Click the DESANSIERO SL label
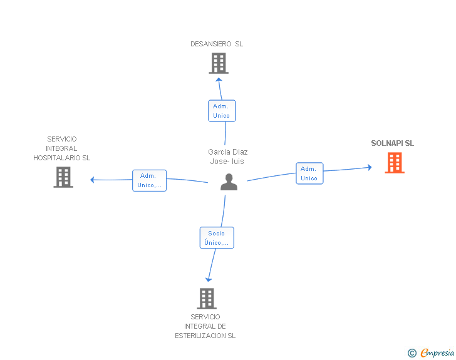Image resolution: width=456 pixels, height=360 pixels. point(217,44)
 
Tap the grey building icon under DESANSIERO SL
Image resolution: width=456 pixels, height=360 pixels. point(218,63)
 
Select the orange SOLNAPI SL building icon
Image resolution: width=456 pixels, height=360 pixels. point(394,163)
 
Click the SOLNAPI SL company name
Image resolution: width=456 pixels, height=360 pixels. point(392,143)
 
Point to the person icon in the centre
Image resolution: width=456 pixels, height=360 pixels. point(229,182)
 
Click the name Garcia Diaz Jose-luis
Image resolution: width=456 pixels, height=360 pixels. point(227,157)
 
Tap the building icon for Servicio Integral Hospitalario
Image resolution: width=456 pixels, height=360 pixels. point(63,177)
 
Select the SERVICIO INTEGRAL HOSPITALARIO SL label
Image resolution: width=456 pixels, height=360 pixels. point(61,148)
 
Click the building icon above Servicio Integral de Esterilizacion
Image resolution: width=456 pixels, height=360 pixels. point(207,299)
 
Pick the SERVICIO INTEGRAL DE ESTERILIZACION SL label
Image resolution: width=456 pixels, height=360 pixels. point(205,326)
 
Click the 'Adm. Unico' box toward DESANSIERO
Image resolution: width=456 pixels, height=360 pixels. point(222,111)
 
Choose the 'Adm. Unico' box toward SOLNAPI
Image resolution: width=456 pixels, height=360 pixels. point(309,173)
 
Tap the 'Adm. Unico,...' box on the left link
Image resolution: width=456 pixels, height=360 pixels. point(150,180)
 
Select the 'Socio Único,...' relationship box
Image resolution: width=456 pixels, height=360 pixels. point(217,238)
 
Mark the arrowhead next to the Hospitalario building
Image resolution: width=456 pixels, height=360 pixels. point(93,180)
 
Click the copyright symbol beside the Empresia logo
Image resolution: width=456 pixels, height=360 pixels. point(412,353)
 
